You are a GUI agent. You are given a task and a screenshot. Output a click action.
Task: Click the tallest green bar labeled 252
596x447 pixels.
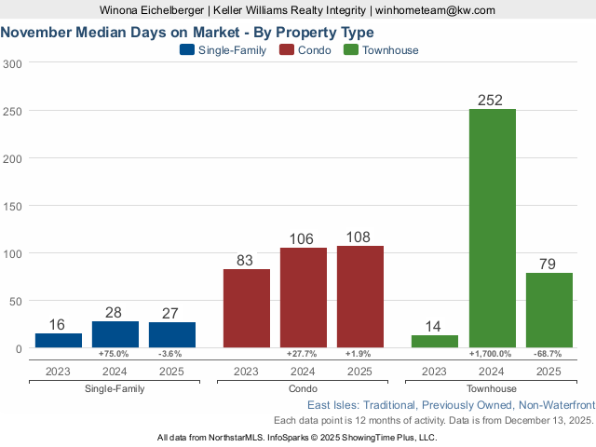(493, 228)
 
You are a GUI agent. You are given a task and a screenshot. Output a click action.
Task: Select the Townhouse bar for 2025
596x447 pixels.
(549, 310)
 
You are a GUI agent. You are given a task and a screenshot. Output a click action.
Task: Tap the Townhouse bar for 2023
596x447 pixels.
(435, 341)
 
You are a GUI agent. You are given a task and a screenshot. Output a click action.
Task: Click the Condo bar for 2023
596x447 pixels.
(247, 308)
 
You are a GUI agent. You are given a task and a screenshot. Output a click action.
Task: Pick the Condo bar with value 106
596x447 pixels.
(304, 297)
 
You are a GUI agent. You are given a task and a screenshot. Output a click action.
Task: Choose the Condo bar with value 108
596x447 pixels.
(360, 296)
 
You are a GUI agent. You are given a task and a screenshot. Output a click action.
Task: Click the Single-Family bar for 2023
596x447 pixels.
(59, 340)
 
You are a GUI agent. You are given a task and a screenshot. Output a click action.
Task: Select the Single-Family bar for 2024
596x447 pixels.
(115, 334)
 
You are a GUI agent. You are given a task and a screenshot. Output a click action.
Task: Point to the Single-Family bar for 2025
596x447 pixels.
(172, 334)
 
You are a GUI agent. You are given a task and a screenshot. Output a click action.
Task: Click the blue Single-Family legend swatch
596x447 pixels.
(186, 50)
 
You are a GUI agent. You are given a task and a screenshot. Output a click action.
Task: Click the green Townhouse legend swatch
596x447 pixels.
(351, 50)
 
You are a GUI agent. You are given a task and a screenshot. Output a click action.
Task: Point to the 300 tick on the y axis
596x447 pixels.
(13, 63)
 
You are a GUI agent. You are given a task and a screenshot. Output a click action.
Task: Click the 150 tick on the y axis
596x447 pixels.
(13, 158)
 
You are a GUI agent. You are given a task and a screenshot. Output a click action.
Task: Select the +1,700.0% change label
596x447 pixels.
(493, 355)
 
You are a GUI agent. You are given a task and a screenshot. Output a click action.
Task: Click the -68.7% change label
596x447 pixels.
(549, 355)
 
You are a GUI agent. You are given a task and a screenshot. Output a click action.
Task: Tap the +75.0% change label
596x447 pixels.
(115, 355)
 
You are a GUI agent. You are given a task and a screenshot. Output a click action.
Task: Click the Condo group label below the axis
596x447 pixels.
(304, 388)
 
